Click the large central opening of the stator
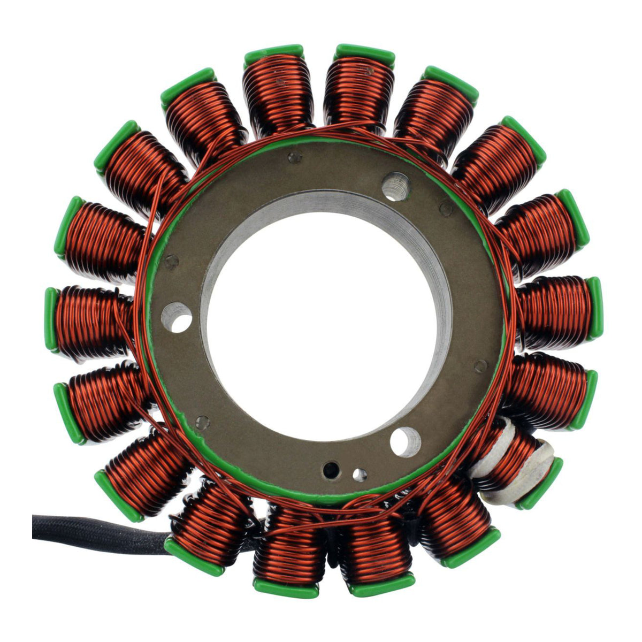(x=321, y=332)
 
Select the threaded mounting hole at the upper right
(x=396, y=186)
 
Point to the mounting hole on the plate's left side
(x=177, y=316)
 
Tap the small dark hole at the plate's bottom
(x=331, y=470)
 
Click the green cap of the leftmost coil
(x=51, y=319)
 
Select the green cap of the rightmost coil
(x=594, y=308)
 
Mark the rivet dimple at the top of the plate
(x=292, y=158)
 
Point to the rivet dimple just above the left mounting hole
(x=172, y=262)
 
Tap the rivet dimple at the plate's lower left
(x=202, y=421)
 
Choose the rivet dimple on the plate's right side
(x=480, y=366)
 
